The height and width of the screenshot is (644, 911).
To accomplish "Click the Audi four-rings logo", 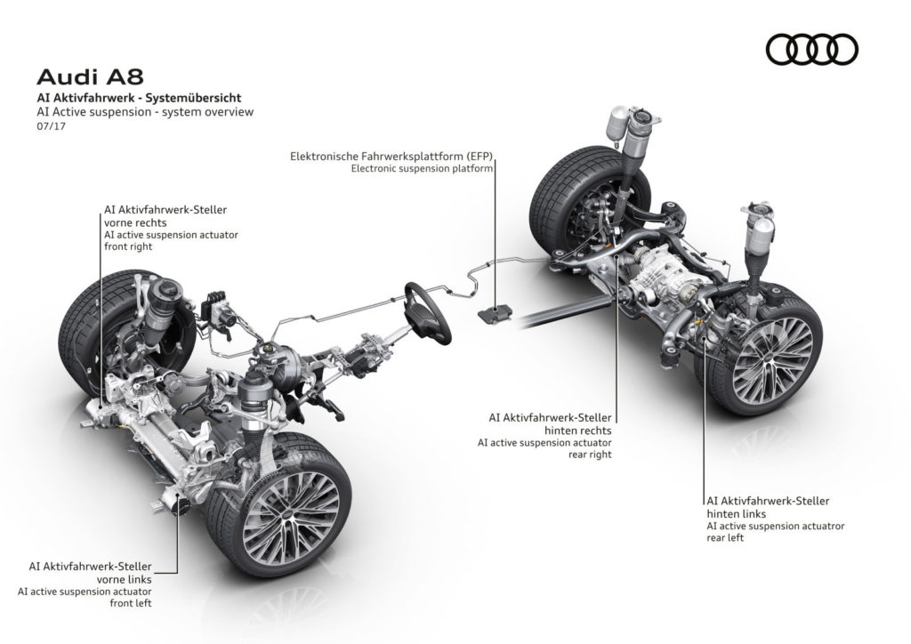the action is point(811,49).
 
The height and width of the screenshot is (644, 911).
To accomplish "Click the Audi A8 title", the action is point(90,77).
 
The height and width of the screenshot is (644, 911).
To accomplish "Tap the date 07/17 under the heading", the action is point(51,126).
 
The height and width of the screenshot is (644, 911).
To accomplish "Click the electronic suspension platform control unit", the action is point(496,314).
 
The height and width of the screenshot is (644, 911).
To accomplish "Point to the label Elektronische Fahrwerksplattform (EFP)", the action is point(391,157).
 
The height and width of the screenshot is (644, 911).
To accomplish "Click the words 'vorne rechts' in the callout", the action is point(135,223).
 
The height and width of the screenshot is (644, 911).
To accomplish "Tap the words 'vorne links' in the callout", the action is point(124,580).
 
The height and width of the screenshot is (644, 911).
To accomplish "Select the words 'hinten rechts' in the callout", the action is point(577,431).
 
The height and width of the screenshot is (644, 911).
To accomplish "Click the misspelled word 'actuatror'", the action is point(822,526).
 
